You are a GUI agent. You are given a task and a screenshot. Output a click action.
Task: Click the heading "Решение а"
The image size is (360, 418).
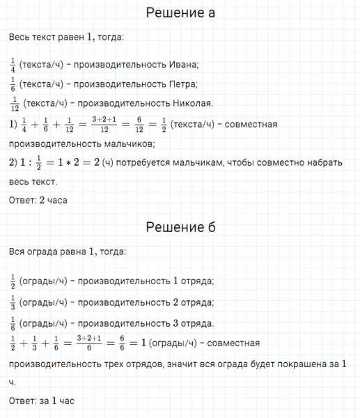click(x=180, y=13)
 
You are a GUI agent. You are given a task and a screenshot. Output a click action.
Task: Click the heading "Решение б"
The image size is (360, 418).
click(x=180, y=228)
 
